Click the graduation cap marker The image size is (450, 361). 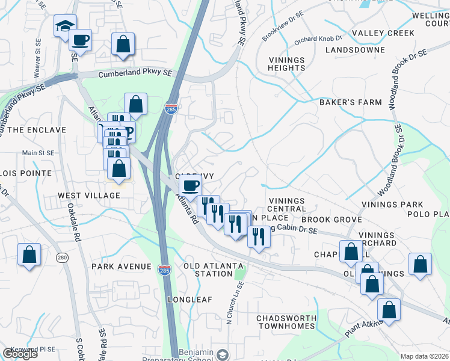pos(65,26)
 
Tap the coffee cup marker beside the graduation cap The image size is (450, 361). pos(80,40)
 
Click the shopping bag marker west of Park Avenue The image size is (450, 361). pos(29,255)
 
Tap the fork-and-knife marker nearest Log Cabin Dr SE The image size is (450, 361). pos(259,234)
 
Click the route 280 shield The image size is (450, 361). pos(62,258)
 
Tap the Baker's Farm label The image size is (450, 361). pos(350,102)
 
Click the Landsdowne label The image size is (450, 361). pos(355,50)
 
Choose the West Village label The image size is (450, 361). pos(89,196)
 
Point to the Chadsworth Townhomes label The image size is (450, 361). pos(286,322)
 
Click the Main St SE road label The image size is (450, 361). pos(39,153)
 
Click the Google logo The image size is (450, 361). pos(20,354)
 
